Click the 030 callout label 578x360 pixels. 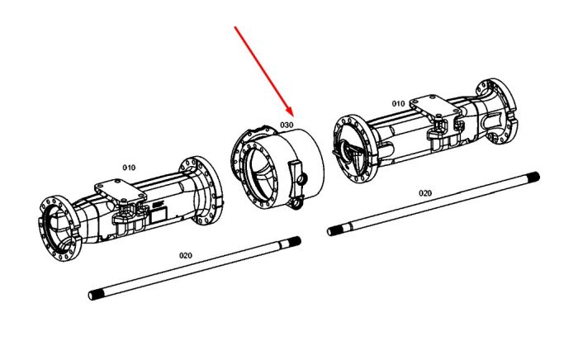(x=287, y=125)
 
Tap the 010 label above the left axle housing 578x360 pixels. (x=129, y=168)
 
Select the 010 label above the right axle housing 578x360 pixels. (x=398, y=103)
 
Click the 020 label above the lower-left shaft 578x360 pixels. (x=186, y=255)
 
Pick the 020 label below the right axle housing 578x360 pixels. (x=425, y=193)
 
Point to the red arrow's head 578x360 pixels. (x=289, y=110)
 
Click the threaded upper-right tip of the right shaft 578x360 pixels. (x=533, y=178)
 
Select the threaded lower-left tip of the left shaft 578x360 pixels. (x=96, y=295)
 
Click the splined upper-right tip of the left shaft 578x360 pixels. (x=295, y=242)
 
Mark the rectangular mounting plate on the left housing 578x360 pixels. (x=121, y=192)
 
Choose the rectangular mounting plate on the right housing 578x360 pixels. (x=435, y=107)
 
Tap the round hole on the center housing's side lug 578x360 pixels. (x=301, y=180)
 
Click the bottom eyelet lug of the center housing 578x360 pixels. (x=296, y=203)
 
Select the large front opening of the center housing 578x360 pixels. (x=262, y=173)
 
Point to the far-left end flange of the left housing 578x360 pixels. (x=59, y=229)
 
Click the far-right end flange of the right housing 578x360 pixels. (x=496, y=111)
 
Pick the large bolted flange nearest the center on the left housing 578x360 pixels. (x=201, y=191)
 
